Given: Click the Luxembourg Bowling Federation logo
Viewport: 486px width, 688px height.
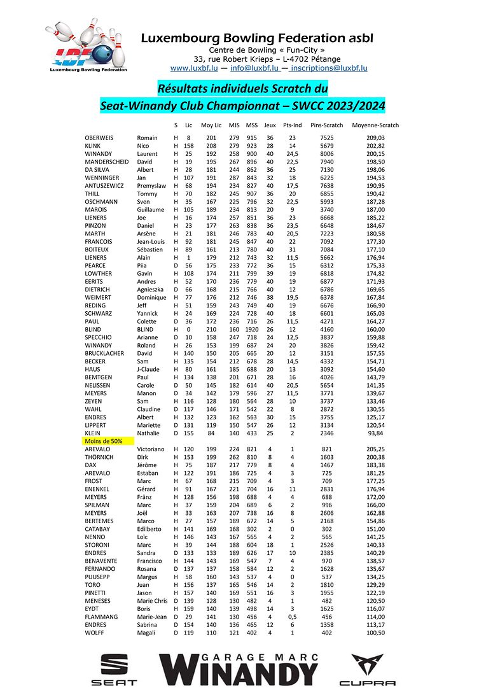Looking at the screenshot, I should click(87, 46).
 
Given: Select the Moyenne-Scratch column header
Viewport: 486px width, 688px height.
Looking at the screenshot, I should click(375, 125).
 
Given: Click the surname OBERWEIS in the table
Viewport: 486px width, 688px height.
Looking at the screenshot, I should click(101, 137).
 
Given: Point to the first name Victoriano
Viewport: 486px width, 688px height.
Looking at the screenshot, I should click(152, 449).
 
